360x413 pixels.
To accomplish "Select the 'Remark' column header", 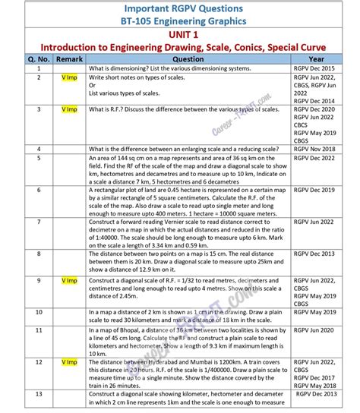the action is point(69,58).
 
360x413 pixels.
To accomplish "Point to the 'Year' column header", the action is point(317,58).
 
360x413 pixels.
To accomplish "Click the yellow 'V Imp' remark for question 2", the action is point(69,77).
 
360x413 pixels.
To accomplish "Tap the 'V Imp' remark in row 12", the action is point(69,361).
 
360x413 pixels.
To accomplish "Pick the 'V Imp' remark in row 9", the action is point(69,281).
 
